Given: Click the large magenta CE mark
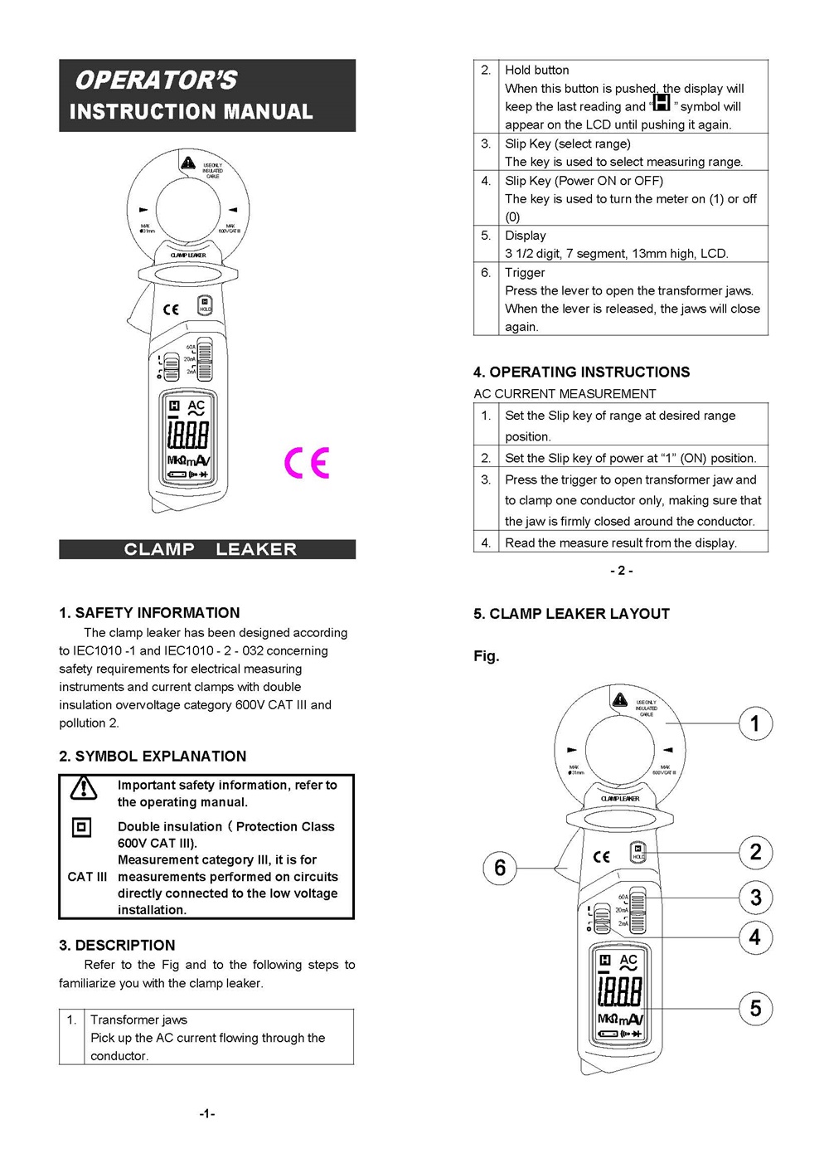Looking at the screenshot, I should [x=307, y=463].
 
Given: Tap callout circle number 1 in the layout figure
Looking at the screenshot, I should [x=755, y=723].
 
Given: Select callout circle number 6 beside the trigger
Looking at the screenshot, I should [x=500, y=868].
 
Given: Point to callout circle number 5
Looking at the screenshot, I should [x=755, y=1009].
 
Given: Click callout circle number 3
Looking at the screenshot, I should [x=755, y=897].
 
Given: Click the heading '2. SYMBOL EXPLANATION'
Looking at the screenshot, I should [x=153, y=757].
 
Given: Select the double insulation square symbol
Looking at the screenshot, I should [x=81, y=827].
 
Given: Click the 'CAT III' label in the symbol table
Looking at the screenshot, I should [x=87, y=877].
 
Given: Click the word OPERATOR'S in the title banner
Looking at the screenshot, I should [x=156, y=80].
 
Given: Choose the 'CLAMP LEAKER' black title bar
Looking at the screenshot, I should [x=207, y=549].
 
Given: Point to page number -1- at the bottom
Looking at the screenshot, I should [x=207, y=1114].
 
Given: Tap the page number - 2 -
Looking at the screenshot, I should [x=621, y=571].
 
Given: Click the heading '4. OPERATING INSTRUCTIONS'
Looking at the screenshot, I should [x=581, y=372].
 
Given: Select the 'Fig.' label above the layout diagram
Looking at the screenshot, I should [x=487, y=656].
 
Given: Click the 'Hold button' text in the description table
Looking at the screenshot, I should [x=537, y=71].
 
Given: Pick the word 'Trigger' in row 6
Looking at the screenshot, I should [x=525, y=273].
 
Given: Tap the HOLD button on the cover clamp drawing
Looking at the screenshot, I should [x=205, y=304].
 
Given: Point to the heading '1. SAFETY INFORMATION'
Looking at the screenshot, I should [x=149, y=613].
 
